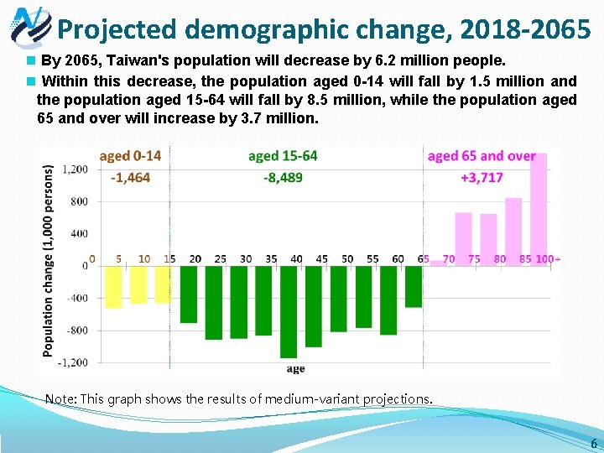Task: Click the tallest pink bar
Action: pos(539,209)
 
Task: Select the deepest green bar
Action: pos(289,311)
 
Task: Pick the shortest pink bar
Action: pos(438,263)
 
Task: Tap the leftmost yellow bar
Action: pos(113,287)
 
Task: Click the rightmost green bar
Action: pos(414,286)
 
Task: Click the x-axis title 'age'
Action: pos(295,368)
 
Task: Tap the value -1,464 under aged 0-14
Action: pos(130,177)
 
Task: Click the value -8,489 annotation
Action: pos(283,177)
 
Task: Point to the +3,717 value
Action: pos(482,177)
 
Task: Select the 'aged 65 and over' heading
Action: pos(482,156)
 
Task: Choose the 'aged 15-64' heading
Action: pos(283,156)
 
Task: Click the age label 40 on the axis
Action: pos(296,258)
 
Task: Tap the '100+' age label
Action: pos(548,258)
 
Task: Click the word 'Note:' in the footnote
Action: pos(60,399)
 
